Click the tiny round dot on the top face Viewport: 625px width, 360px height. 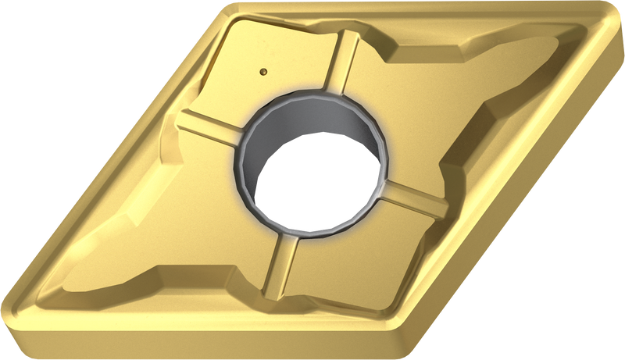tap(264, 70)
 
